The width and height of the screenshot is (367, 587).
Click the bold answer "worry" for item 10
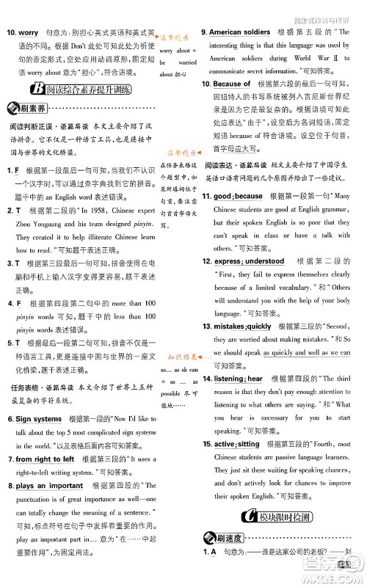[29, 34]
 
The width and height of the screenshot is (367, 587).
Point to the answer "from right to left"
[46, 459]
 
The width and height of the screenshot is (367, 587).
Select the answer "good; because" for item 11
[238, 197]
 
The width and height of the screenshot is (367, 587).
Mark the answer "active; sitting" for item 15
[236, 445]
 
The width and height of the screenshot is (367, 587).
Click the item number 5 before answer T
[11, 342]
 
